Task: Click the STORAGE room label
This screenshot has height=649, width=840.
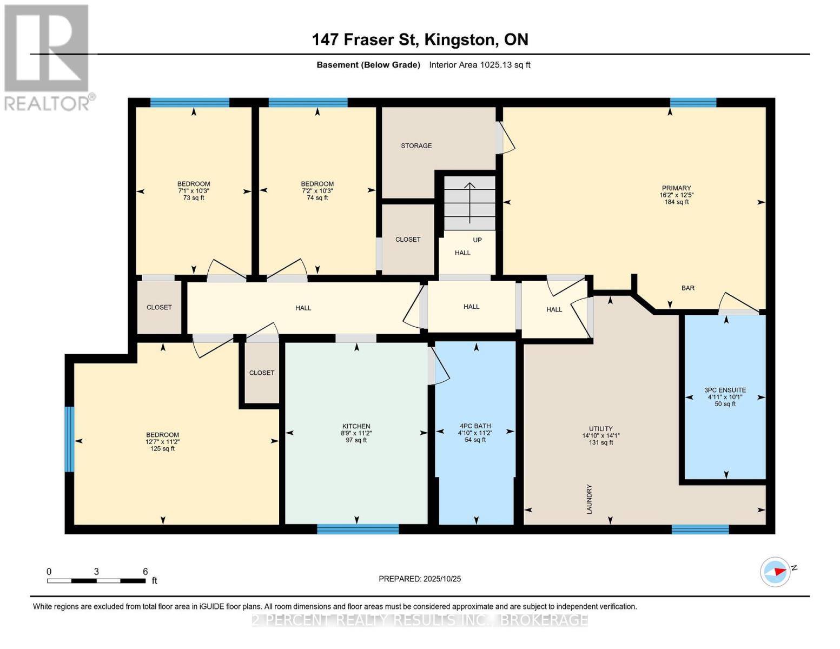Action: [416, 145]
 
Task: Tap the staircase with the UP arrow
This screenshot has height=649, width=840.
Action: [469, 203]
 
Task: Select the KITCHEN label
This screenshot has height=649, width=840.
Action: [356, 426]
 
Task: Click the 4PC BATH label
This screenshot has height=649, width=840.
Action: [475, 426]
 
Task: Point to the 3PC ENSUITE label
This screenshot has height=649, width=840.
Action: [725, 390]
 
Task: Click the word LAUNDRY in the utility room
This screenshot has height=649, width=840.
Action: [590, 499]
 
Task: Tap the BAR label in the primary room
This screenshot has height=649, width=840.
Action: [687, 288]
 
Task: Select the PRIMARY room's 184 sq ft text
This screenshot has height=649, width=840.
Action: [676, 202]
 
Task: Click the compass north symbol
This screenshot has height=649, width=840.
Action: [776, 572]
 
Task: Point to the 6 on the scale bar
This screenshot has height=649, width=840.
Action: [145, 572]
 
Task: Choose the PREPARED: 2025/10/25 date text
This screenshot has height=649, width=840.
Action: [420, 579]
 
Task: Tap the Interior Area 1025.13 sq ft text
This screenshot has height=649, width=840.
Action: [479, 65]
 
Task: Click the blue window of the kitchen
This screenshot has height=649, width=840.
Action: [358, 529]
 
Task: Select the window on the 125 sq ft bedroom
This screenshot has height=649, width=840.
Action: [69, 439]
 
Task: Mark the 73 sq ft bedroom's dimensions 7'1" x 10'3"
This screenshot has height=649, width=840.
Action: [194, 191]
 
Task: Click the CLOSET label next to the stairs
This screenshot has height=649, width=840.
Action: [407, 239]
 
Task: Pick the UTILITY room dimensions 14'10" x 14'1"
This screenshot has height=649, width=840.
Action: [600, 435]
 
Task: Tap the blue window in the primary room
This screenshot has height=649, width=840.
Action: [693, 103]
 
